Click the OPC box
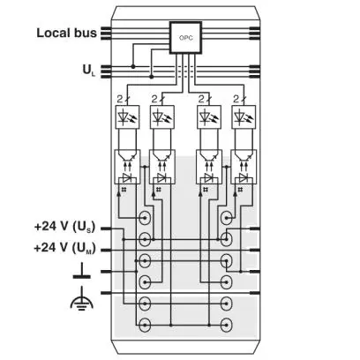pos(185,38)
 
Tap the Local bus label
pos(66,33)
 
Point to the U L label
pos(89,71)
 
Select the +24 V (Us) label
pos(64,227)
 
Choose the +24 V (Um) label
pos(64,248)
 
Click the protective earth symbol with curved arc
pos(82,299)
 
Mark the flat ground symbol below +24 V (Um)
pos(82,271)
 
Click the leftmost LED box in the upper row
pos(128,116)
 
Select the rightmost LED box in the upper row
pos(244,116)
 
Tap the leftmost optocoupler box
pos(127,167)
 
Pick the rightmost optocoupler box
pos(244,167)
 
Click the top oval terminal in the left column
pos(145,218)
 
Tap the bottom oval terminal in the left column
pos(145,325)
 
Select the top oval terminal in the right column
pos(226,218)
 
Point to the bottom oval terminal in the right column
pos(226,325)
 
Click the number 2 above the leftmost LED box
pos(119,100)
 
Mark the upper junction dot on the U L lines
pos(133,67)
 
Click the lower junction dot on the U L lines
pos(152,77)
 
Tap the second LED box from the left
pos(162,116)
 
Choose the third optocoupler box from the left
pos(209,167)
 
